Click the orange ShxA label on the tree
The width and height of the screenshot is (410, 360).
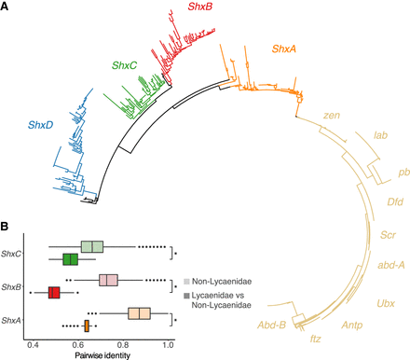(x=288, y=48)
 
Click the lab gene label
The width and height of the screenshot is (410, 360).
(x=380, y=136)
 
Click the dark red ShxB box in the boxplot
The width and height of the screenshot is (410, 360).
(x=54, y=292)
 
